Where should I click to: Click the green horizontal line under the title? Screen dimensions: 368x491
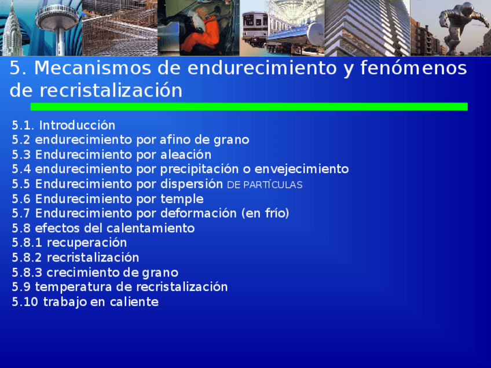pos(248,106)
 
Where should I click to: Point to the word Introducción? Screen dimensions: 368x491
pos(77,126)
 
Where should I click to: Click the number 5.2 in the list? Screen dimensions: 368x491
pos(21,140)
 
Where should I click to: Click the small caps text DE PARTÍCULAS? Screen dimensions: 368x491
pos(265,185)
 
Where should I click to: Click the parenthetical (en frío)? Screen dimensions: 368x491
pos(265,214)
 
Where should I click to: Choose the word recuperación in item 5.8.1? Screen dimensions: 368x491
pos(86,243)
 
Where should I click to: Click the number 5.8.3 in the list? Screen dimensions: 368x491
pos(27,273)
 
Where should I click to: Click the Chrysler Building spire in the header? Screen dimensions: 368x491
pos(13,26)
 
